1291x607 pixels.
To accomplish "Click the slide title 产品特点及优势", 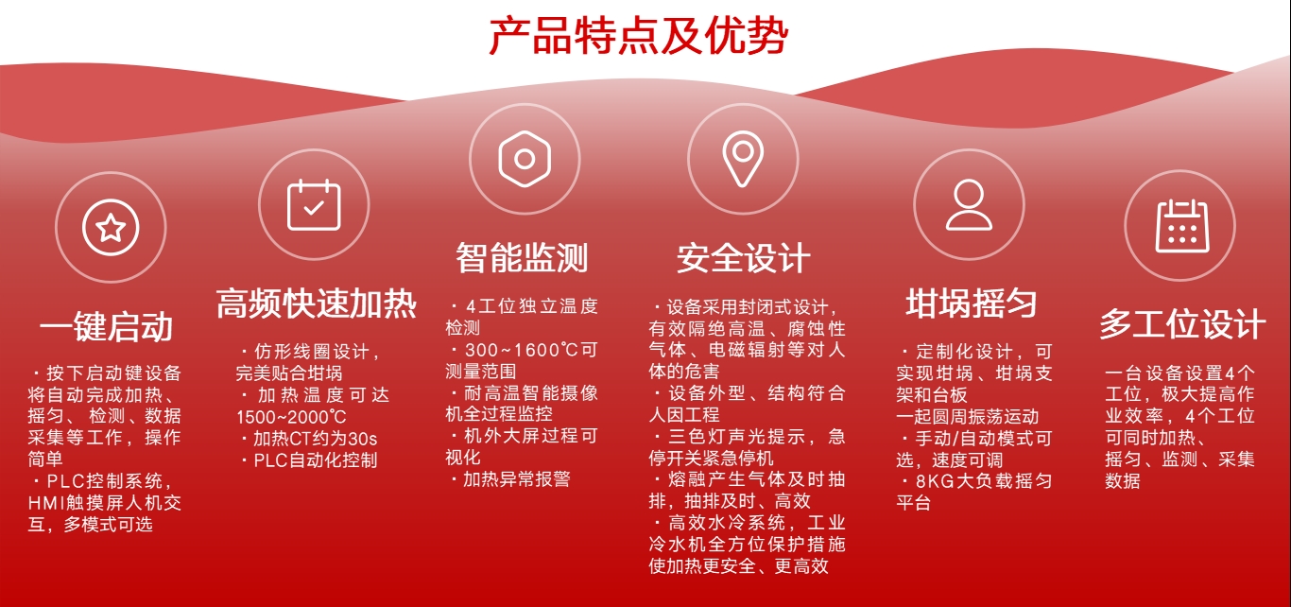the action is coord(638,36).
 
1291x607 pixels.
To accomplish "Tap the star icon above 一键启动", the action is coord(111,227).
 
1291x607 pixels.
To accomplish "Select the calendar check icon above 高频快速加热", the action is coord(314,204).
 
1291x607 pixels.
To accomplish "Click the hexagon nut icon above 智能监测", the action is coord(525,159).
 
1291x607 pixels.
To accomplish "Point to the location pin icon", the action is coord(743,159).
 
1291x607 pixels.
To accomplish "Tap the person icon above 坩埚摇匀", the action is coord(969,204).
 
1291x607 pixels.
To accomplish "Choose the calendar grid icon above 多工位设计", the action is coord(1182,226).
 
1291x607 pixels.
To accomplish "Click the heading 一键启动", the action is coord(106,327).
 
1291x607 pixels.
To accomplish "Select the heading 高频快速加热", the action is coord(316,303).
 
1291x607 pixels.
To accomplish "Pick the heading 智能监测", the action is coord(522,258).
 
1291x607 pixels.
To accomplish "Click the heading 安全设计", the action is coord(744,258).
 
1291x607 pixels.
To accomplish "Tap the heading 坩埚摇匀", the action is coord(972,303).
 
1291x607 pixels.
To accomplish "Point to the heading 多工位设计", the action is coord(1182,324).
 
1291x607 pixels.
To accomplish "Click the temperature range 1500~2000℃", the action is coord(292,417).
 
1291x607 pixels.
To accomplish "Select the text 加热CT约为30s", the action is coord(316,439).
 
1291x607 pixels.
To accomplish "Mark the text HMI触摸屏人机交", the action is coord(105,503).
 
